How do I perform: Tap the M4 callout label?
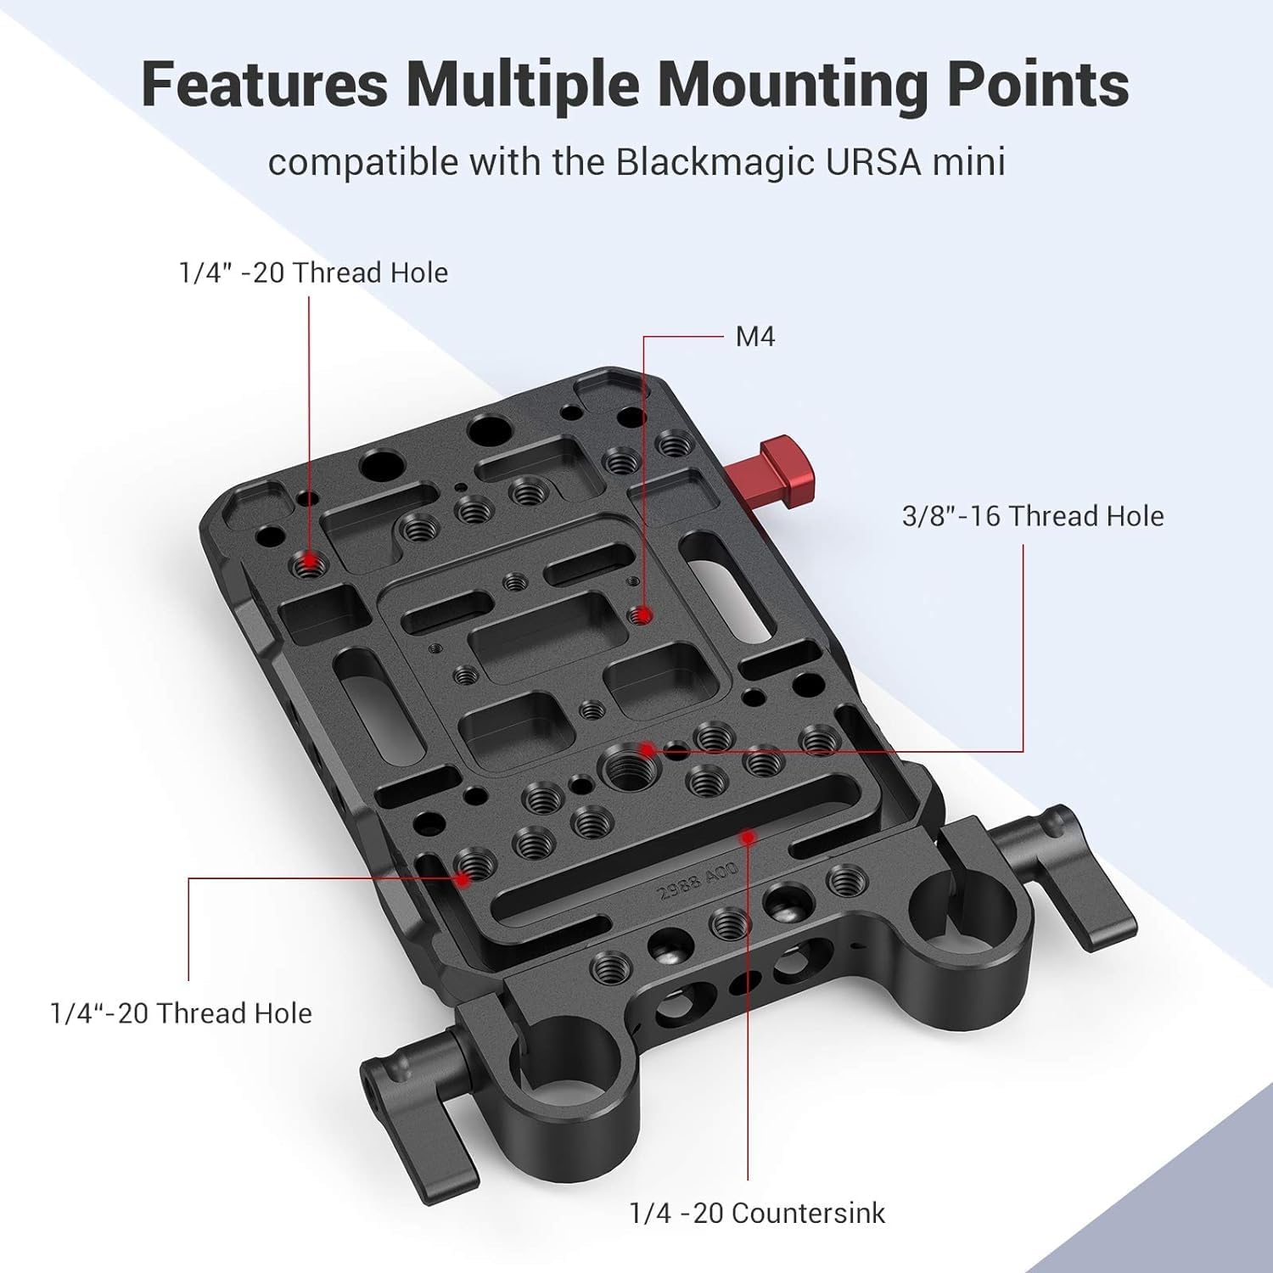click(x=754, y=337)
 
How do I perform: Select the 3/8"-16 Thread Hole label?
click(x=1032, y=516)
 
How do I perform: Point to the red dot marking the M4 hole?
click(x=644, y=614)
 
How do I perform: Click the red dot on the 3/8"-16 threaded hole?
click(x=647, y=749)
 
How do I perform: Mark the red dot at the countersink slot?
click(x=748, y=838)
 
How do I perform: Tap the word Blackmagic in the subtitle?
click(x=714, y=161)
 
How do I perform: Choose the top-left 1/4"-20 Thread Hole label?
click(x=313, y=272)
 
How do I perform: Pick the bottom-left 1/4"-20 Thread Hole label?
click(x=181, y=1012)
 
